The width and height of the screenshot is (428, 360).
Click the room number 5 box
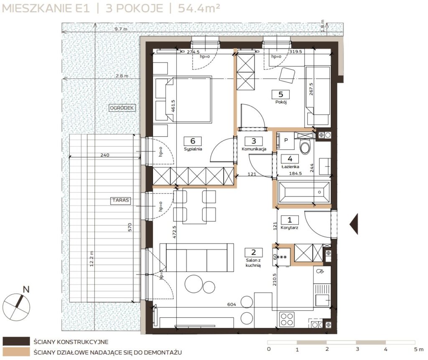click(x=280, y=94)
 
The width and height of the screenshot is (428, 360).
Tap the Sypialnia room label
click(x=193, y=149)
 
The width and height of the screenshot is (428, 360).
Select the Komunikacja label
click(x=254, y=149)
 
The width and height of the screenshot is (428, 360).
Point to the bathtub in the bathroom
click(x=303, y=192)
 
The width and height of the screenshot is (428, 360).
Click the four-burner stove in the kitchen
click(x=287, y=319)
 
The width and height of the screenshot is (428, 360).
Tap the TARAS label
click(x=121, y=200)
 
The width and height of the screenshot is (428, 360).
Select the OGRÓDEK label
click(x=122, y=108)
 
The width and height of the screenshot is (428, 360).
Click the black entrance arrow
click(x=354, y=224)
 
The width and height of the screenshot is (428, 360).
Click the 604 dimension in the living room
click(x=232, y=304)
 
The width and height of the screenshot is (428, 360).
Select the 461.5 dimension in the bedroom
click(x=173, y=106)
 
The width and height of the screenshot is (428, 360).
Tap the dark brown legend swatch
click(x=16, y=342)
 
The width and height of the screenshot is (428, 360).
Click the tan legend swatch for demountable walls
click(x=16, y=352)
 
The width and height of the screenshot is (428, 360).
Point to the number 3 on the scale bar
click(x=357, y=349)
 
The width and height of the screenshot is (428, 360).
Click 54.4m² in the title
click(x=199, y=8)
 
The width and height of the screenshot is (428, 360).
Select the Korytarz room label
click(x=289, y=227)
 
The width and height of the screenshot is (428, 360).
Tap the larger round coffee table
click(x=194, y=284)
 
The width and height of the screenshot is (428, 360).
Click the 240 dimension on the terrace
click(x=105, y=155)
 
